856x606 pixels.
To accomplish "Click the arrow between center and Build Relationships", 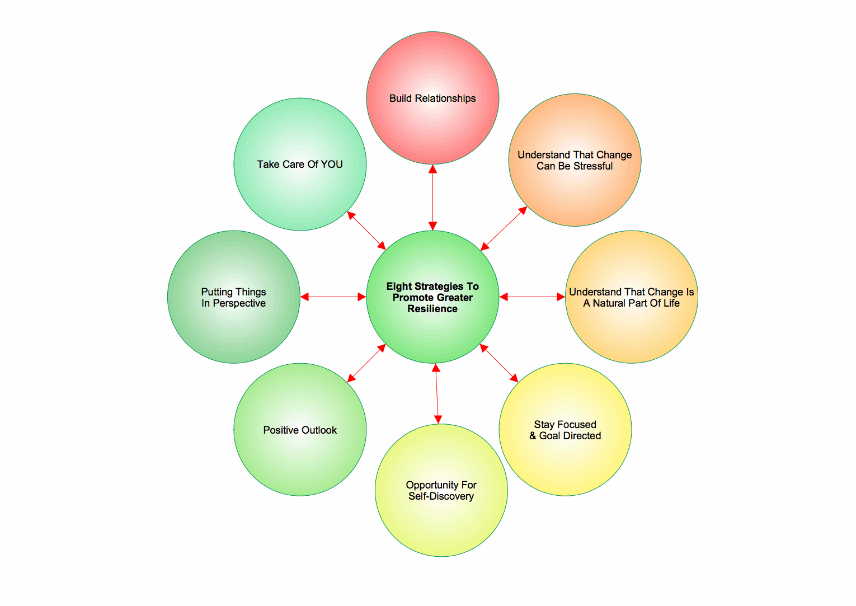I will click(432, 197).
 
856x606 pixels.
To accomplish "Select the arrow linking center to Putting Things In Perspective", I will click(333, 297).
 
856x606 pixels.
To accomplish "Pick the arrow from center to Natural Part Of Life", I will click(532, 297).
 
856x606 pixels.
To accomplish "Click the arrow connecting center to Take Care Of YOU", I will click(366, 230).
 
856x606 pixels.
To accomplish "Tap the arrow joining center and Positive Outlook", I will click(366, 363).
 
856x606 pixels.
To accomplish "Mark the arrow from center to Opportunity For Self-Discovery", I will click(437, 393).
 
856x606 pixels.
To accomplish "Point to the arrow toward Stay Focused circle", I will click(499, 363).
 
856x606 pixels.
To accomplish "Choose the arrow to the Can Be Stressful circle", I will click(504, 228).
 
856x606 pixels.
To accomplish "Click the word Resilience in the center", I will click(432, 309).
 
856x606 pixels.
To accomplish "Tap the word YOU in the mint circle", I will click(331, 165).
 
